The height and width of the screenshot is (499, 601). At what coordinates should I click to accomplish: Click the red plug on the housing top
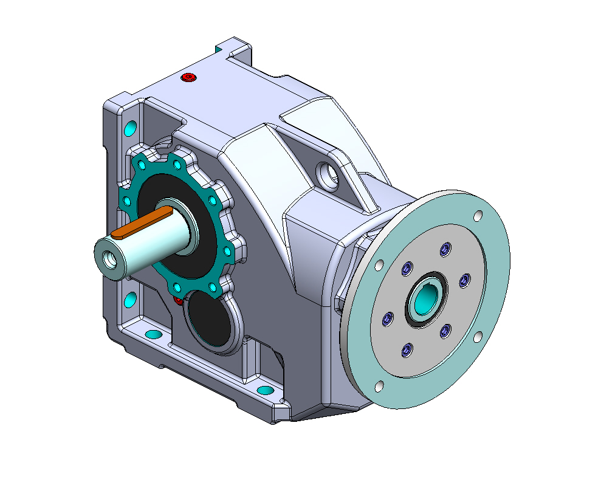[189, 78]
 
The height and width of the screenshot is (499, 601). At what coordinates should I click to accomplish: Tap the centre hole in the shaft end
[110, 259]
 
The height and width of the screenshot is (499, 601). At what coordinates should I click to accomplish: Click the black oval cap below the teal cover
[210, 318]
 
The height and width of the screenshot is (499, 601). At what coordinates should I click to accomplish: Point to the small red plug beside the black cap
[177, 301]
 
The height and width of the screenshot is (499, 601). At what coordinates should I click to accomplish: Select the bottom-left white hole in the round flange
[379, 386]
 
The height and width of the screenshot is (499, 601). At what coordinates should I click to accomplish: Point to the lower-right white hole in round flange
[478, 336]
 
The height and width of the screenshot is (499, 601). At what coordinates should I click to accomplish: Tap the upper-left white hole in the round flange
[379, 265]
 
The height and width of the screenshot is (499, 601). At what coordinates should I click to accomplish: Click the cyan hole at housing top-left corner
[129, 128]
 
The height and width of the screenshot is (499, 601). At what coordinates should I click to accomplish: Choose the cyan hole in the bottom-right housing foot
[265, 389]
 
